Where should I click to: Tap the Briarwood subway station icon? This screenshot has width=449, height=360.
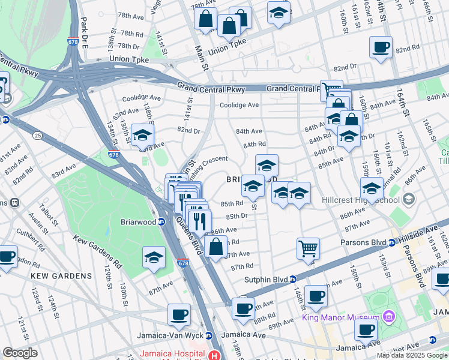coord(161,221)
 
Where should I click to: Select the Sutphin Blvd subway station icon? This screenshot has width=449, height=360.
coord(292,279)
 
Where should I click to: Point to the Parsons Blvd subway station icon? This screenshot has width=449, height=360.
coord(391,242)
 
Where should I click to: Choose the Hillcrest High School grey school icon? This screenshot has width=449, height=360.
coord(408,199)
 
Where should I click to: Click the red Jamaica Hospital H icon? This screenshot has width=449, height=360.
coord(214,355)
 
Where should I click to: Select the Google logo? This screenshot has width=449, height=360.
coord(20,353)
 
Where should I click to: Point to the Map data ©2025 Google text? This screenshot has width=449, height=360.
coord(411,355)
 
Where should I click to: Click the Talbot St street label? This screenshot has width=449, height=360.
coord(45,215)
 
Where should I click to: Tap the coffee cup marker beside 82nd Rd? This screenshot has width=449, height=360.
coord(381,47)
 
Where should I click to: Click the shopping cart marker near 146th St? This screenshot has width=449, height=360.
coord(308,248)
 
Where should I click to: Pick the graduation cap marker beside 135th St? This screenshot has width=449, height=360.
coord(143,136)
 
